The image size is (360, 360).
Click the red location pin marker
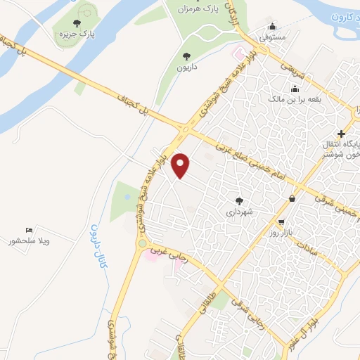(181, 165)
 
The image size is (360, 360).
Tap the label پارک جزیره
(77, 33)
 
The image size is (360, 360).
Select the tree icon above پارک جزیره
(77, 22)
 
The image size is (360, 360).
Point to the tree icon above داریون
(186, 56)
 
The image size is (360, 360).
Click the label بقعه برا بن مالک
(294, 100)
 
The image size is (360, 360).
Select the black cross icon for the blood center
(341, 134)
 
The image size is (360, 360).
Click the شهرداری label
(238, 210)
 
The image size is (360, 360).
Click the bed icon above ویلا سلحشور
(29, 230)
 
